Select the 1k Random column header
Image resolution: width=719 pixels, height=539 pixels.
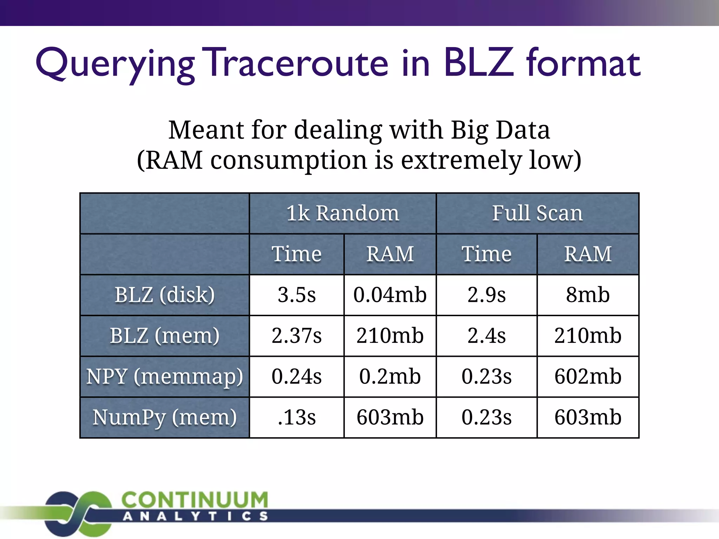[343, 213]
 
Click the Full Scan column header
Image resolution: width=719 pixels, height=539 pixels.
[537, 213]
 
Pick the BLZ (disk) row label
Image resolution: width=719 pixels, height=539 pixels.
[165, 295]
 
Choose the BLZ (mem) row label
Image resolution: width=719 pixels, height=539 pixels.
[165, 335]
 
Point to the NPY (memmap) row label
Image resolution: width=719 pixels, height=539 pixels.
[165, 377]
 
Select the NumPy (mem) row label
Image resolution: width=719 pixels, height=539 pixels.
[165, 417]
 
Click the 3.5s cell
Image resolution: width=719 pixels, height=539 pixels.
[297, 295]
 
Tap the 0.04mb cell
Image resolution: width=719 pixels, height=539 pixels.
[390, 295]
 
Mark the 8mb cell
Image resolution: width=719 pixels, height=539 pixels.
[588, 295]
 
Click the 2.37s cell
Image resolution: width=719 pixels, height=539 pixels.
[297, 335]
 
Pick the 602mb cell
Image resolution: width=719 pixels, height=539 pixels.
[588, 377]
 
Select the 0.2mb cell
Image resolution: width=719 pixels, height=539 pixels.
[390, 377]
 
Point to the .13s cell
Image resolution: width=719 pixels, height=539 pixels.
[297, 417]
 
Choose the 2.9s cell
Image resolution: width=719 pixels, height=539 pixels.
[487, 295]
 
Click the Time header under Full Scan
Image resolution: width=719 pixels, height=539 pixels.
[487, 254]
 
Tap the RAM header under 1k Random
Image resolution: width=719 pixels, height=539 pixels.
[390, 254]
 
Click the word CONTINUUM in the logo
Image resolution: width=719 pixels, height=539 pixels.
[195, 500]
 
